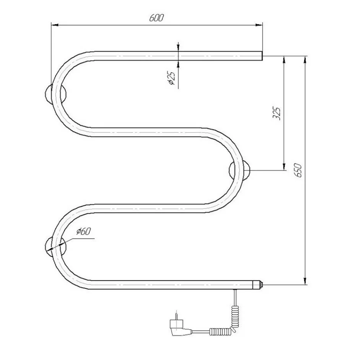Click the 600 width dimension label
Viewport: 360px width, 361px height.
tap(156, 18)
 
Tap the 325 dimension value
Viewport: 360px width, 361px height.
tap(277, 113)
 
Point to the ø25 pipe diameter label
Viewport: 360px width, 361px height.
tap(172, 78)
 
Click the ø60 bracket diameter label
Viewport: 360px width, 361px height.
tap(84, 231)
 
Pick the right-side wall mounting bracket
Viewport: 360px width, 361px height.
tap(239, 171)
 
